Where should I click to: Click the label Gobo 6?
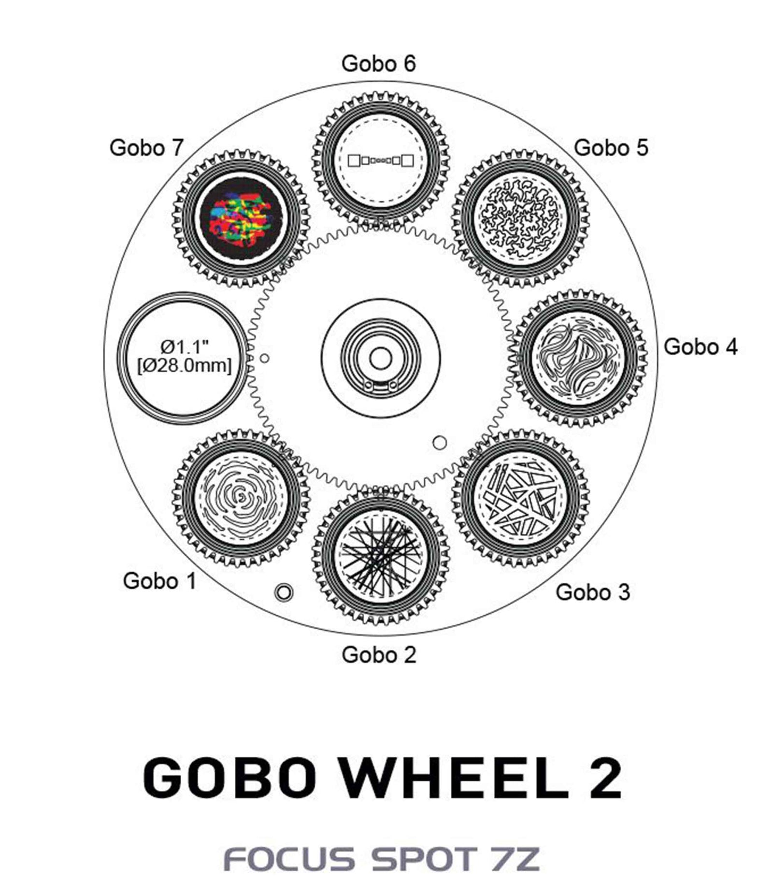click(x=378, y=64)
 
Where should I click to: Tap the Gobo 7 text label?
click(x=147, y=147)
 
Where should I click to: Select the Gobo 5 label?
click(x=611, y=147)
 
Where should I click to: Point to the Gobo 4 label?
click(x=701, y=346)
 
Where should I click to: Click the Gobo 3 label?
click(x=593, y=592)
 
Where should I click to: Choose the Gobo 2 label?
click(x=379, y=655)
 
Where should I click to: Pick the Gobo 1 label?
click(x=160, y=581)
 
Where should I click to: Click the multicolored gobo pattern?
click(x=240, y=218)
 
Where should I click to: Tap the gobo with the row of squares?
click(x=381, y=160)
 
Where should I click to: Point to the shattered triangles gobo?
click(x=521, y=498)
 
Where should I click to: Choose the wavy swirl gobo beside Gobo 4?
click(x=578, y=359)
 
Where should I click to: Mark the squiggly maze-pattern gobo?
click(x=521, y=217)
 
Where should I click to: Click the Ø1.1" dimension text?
click(x=185, y=346)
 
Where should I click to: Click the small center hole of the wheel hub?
click(x=381, y=359)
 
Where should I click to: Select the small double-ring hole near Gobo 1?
click(x=284, y=591)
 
